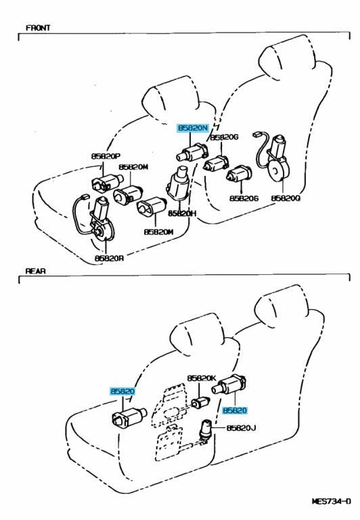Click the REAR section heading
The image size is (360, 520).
pos(36,270)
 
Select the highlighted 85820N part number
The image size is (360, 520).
pos(192,127)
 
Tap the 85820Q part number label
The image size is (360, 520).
pos(286,198)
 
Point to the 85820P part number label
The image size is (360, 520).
pos(106,156)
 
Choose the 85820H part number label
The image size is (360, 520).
pos(182,213)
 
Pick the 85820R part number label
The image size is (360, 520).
pos(109,257)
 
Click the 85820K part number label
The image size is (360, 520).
pos(202,378)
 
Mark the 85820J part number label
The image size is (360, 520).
pos(242,428)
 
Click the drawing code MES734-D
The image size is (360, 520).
pos(331,502)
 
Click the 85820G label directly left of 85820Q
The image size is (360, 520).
pos(244,198)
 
